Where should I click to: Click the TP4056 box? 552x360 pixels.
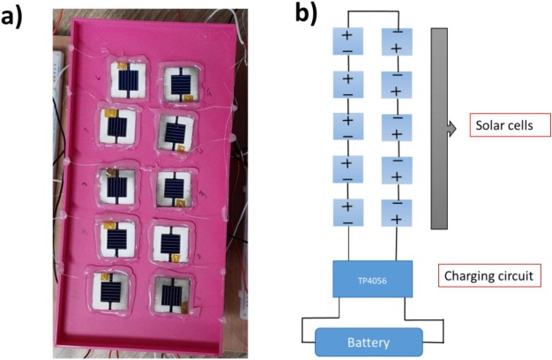371,278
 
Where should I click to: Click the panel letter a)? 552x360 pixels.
19,17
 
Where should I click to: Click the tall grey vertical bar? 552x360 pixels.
440,128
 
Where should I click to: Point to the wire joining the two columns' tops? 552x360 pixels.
371,11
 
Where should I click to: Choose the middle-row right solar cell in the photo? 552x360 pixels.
172,188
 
